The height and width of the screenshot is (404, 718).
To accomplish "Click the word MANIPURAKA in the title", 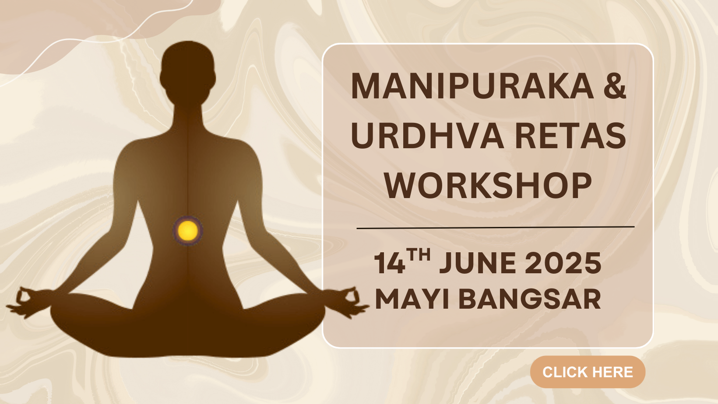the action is [x=472, y=86].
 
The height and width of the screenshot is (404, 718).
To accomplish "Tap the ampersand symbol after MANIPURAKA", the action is [x=615, y=86].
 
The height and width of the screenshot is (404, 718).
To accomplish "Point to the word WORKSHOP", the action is [x=488, y=186].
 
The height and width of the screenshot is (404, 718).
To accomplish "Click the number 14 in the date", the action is [x=389, y=263].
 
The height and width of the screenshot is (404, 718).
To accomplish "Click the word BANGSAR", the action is [x=530, y=299].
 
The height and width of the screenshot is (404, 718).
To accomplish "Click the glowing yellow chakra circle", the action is [x=188, y=230].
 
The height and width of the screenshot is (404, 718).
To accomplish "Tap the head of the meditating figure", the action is [x=188, y=69].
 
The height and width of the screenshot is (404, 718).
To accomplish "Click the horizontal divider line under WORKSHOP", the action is [x=496, y=228].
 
